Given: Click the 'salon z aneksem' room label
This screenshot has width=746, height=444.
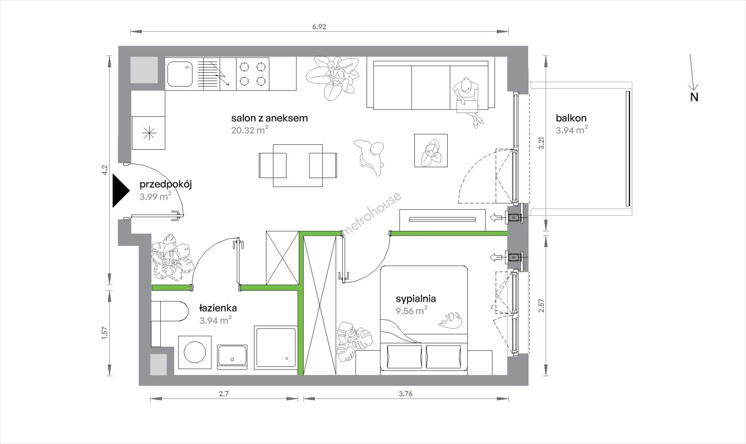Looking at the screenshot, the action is pos(269,118).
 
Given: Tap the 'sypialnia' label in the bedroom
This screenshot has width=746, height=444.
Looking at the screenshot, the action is pos(416,299).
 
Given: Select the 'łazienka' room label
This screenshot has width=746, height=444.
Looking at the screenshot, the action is pos(218,308).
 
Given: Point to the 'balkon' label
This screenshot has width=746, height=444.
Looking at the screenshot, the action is pos(571,118).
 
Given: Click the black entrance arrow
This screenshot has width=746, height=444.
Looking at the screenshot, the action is pos(121,192).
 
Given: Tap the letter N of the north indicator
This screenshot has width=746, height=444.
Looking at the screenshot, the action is pos(694,97).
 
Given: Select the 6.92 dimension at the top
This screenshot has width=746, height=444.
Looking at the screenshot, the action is pos(319,27).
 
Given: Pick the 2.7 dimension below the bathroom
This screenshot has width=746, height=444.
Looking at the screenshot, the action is pos(224,393).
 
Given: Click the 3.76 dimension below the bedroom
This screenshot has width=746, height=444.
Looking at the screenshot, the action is pos(405,393).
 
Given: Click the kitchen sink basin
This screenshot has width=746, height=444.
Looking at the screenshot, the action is pos(180,74).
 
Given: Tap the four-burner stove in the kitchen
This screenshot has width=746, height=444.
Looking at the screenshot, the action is pos(252,74).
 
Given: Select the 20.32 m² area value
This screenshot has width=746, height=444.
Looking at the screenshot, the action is pos(250,131).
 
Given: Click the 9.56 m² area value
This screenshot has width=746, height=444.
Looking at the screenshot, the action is pos(411,311).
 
